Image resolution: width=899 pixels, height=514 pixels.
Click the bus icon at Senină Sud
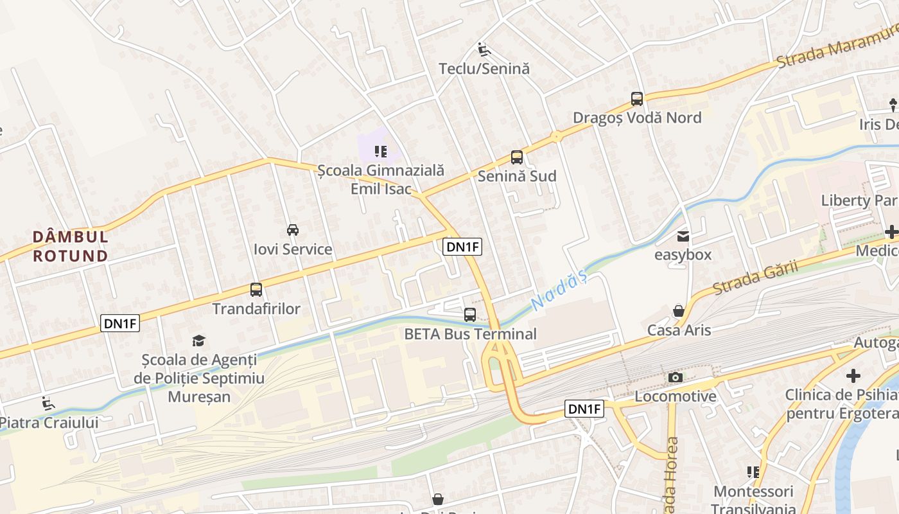(516, 157)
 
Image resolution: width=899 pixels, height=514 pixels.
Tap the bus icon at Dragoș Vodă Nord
(636, 99)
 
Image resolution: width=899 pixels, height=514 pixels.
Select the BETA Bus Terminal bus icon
(470, 315)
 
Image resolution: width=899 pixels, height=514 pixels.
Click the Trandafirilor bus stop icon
(256, 290)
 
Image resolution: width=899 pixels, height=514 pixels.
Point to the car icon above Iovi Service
(292, 230)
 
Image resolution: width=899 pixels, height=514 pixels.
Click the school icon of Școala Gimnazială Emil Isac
(380, 152)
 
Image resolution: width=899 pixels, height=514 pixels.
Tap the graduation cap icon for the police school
(199, 341)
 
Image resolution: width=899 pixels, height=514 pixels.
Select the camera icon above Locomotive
(675, 378)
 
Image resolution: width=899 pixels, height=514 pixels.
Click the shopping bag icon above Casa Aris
(679, 312)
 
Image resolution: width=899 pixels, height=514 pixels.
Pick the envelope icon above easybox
(683, 236)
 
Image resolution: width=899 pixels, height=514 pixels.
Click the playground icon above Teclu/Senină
(484, 49)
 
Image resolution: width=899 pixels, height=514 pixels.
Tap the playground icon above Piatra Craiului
(48, 403)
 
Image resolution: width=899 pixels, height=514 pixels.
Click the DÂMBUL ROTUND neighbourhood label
(71, 246)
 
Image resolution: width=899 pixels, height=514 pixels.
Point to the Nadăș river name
(559, 290)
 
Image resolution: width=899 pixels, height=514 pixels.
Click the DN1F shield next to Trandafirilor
(120, 324)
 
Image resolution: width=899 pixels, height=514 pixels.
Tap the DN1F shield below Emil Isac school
(462, 247)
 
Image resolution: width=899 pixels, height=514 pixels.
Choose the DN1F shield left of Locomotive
(585, 409)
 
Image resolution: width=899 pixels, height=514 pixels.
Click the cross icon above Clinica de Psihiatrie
(853, 375)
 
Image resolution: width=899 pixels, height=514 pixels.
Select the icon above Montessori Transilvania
(753, 473)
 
